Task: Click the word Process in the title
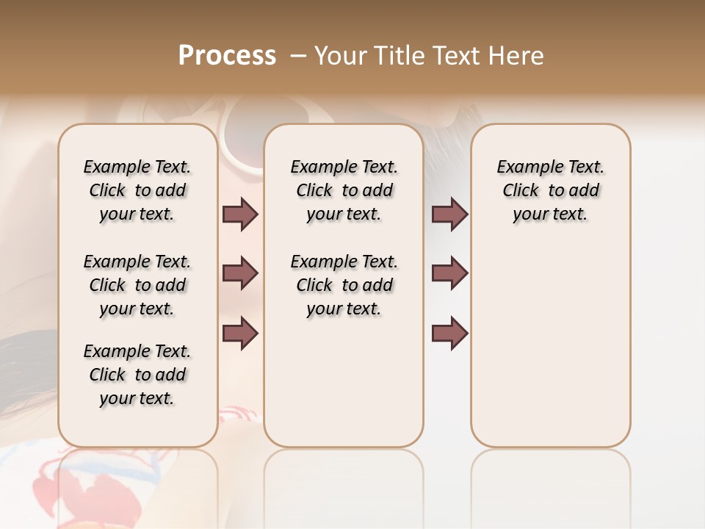(x=227, y=56)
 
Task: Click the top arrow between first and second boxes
(x=240, y=215)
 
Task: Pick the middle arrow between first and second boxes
(x=240, y=273)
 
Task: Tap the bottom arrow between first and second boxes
(x=240, y=334)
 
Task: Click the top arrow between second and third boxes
(x=449, y=215)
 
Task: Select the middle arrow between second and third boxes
(x=449, y=273)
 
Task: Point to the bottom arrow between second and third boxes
(x=449, y=334)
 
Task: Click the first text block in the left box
(x=137, y=190)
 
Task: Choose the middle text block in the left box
(x=137, y=285)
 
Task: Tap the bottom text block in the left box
(x=137, y=375)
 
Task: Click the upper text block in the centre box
(x=344, y=190)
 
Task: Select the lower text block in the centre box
(x=344, y=285)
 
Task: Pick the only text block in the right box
(x=550, y=190)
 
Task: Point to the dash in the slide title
(x=298, y=56)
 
